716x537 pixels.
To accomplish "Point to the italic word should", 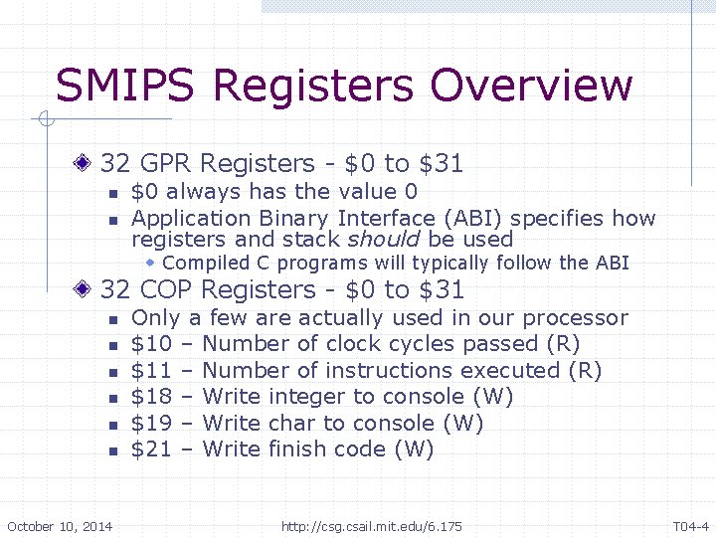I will click(x=384, y=240).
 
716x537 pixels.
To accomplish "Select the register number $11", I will click(x=152, y=370).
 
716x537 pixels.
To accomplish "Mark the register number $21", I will click(x=152, y=448).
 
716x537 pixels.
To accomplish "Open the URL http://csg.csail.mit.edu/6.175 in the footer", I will click(x=372, y=526).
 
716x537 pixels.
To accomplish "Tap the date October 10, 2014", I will click(x=60, y=526).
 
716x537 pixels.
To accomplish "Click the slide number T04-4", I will click(x=690, y=526).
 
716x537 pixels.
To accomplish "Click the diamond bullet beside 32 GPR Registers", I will click(x=88, y=163).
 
